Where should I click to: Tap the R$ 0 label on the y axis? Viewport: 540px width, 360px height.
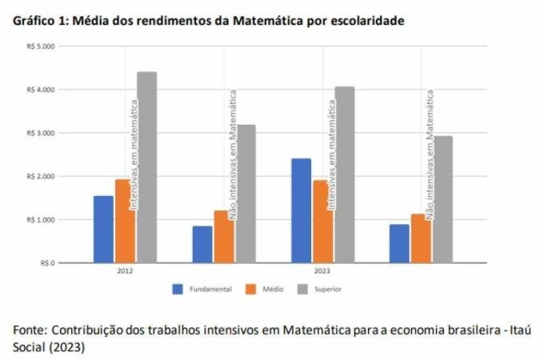coord(46,262)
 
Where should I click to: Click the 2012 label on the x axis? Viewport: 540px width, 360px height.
coord(124,271)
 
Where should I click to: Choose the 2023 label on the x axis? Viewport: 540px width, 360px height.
coord(322,271)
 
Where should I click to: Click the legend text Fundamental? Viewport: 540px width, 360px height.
coord(210,289)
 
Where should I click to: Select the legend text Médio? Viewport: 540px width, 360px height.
coord(273,289)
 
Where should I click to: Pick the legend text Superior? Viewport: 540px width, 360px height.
coord(328,289)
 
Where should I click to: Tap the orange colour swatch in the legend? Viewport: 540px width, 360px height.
coord(250,289)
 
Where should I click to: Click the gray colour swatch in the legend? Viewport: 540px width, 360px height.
coord(303,289)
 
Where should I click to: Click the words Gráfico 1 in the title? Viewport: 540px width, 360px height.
coord(39,21)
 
